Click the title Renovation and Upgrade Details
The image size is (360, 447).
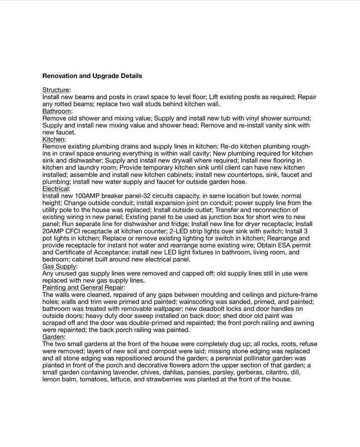click(x=92, y=76)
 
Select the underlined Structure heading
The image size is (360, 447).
click(x=56, y=90)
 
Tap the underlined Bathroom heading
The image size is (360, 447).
click(x=57, y=111)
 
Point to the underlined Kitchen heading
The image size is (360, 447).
click(x=54, y=140)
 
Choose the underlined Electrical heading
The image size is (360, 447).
click(x=56, y=189)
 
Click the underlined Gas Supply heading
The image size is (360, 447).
click(x=59, y=266)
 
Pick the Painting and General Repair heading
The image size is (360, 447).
click(x=83, y=287)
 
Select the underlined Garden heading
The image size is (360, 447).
click(x=53, y=337)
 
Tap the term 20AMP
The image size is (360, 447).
click(x=54, y=231)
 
